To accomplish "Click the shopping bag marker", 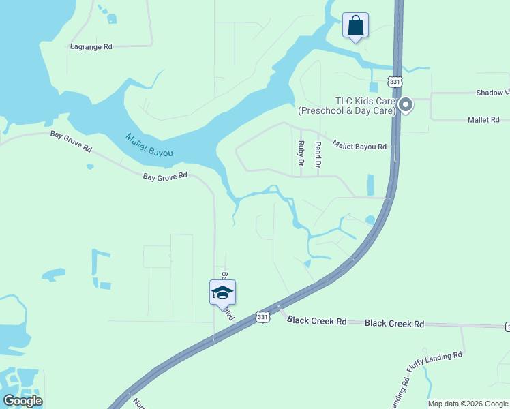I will [355, 26].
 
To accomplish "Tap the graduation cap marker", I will [222, 293].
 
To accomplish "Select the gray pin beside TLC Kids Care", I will [406, 105].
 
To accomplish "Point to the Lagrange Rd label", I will [91, 47].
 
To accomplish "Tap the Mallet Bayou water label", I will [149, 145].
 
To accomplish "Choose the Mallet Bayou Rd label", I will [359, 145].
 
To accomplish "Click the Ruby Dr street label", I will [301, 153].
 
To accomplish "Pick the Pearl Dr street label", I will [318, 155].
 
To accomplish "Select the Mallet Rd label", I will [484, 119].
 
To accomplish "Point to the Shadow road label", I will [492, 93].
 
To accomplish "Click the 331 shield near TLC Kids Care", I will [394, 81].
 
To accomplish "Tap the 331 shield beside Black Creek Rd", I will [262, 316].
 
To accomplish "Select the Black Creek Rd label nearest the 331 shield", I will [317, 320].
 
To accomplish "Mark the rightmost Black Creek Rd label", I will [394, 324].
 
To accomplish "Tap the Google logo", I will [22, 401].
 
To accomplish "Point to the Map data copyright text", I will [468, 404].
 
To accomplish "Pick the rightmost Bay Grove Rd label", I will [165, 176].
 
